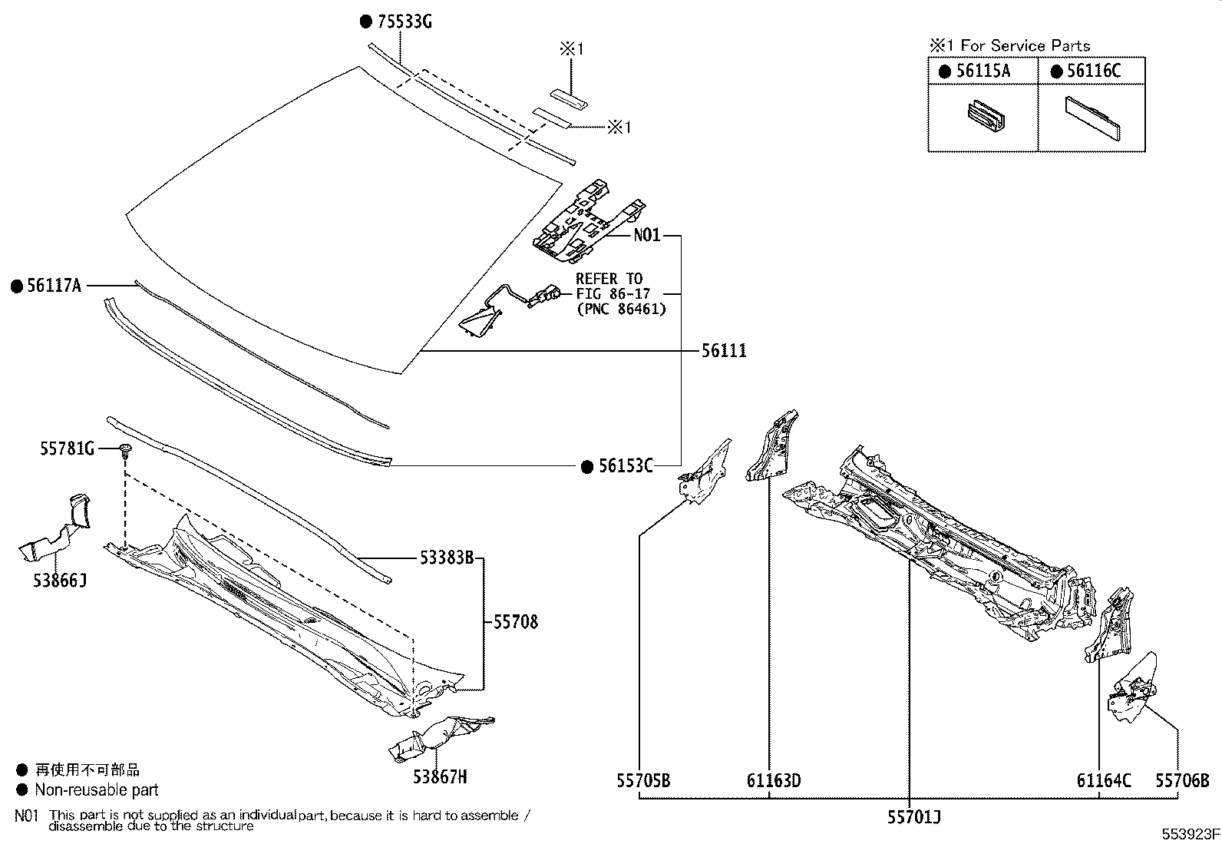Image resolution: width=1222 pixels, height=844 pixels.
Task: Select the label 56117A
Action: (54, 286)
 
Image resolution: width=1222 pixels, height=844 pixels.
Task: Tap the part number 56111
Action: (723, 351)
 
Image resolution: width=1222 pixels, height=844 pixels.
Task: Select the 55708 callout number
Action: (515, 621)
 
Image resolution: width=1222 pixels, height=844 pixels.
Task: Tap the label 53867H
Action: (440, 777)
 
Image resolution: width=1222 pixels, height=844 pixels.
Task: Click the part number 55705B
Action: (643, 781)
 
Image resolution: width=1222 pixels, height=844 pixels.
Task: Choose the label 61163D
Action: (773, 781)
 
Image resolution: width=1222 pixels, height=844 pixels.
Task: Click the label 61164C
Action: (1104, 781)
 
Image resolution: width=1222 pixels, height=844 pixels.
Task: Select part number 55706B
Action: (1182, 781)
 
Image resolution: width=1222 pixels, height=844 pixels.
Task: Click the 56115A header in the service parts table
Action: (983, 71)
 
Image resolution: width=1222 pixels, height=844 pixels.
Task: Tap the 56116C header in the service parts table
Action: (1094, 71)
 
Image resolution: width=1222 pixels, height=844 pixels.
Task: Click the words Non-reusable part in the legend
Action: (97, 789)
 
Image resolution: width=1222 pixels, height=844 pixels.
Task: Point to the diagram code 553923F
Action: (1189, 835)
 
